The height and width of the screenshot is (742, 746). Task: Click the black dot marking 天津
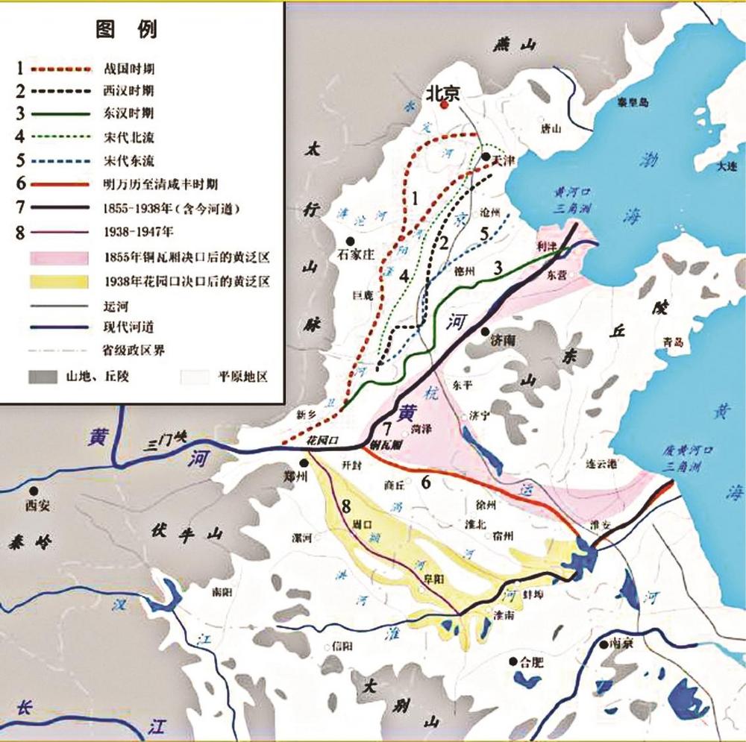(x=486, y=157)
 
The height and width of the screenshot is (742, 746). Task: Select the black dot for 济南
(x=485, y=331)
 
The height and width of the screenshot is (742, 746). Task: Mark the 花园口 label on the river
(x=323, y=441)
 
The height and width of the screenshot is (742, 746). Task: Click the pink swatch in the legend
(x=63, y=258)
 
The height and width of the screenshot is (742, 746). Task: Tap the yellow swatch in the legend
(x=63, y=281)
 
